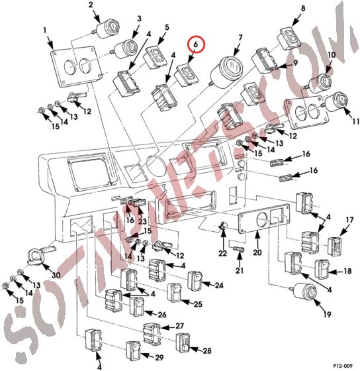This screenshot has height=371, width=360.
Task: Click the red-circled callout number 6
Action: tap(197, 46)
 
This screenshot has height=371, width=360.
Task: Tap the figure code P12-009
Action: tap(341, 364)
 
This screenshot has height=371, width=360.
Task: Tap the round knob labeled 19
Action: tap(305, 291)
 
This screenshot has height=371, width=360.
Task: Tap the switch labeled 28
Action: tap(183, 343)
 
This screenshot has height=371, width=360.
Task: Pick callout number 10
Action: tap(332, 56)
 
